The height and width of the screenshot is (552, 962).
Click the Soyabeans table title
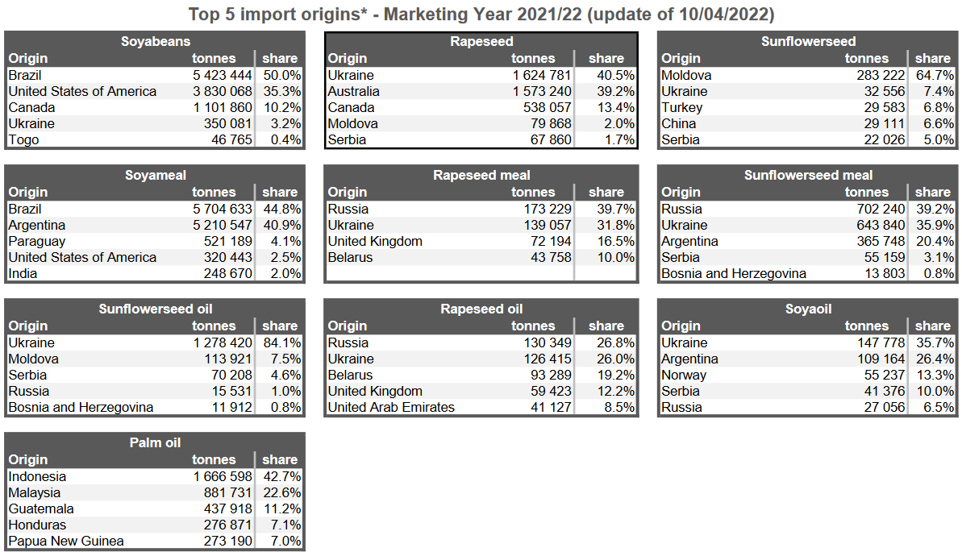click(156, 41)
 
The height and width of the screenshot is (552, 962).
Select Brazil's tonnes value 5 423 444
click(223, 75)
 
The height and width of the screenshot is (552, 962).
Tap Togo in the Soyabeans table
click(23, 139)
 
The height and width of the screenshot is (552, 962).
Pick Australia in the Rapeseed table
click(353, 91)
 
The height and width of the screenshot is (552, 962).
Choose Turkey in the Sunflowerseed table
click(681, 107)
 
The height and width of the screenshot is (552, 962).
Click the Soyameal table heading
click(156, 175)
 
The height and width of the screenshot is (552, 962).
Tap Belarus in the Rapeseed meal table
click(350, 257)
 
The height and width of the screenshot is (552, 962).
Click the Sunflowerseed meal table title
click(808, 175)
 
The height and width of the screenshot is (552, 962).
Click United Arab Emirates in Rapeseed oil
click(391, 407)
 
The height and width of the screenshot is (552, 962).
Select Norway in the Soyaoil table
click(683, 375)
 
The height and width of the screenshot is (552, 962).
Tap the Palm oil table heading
click(156, 442)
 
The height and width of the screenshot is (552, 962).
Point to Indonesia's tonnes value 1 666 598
click(223, 476)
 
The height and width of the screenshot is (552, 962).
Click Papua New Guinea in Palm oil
click(66, 541)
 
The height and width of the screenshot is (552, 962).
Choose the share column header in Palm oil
click(280, 459)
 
